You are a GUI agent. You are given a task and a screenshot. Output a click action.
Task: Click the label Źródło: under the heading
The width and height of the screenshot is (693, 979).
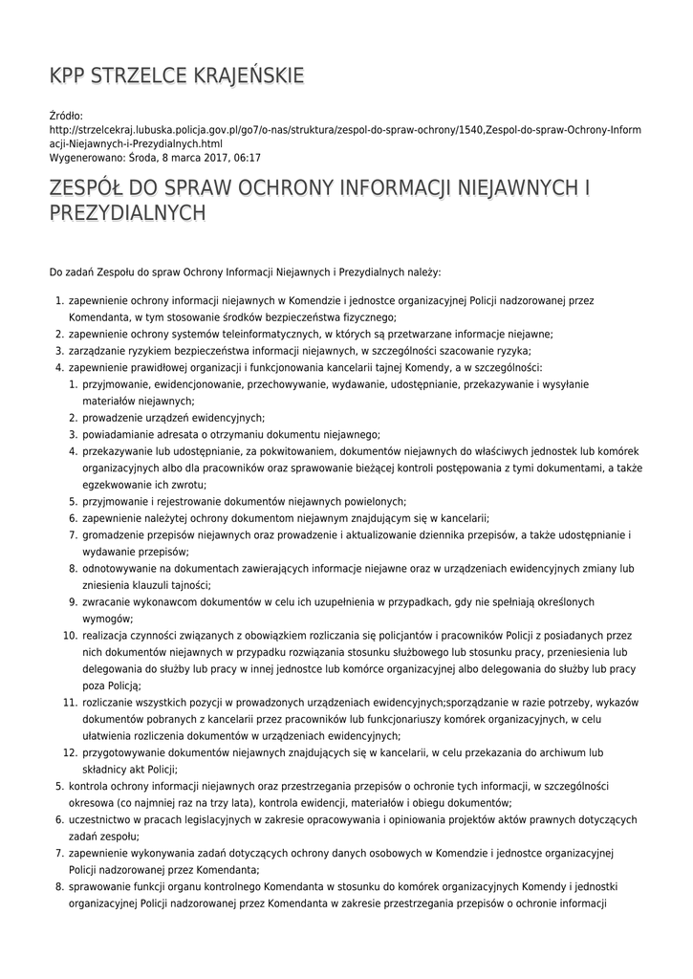click(67, 116)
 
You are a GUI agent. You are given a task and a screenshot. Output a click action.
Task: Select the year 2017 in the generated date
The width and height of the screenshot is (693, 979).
click(206, 158)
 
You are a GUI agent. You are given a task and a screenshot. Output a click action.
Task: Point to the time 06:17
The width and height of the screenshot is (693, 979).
click(247, 158)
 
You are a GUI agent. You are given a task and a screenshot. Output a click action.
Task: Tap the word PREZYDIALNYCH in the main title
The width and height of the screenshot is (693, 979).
click(127, 212)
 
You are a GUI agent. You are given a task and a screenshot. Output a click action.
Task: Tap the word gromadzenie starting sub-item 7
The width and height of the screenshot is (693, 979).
click(116, 534)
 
